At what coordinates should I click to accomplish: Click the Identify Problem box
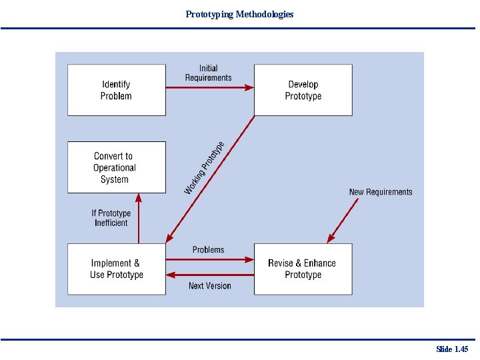coord(116,90)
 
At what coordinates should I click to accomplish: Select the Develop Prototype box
coord(303,90)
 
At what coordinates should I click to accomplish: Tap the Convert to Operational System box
coord(116,167)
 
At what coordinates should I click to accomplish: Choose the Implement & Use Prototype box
coord(116,269)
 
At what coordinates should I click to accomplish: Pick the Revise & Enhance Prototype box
coord(303,269)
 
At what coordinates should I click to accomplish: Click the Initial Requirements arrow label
coord(208,73)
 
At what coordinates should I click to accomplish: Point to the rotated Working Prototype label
coord(203,167)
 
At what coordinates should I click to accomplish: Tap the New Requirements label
coord(381,192)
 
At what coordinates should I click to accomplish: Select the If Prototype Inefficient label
coord(111,218)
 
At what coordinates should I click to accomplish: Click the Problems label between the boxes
coord(208,249)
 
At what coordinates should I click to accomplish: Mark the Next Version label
coord(209,285)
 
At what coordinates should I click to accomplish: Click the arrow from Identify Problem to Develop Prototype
coord(209,87)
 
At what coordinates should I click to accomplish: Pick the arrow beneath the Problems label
coord(209,259)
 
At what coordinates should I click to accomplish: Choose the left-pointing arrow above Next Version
coord(209,274)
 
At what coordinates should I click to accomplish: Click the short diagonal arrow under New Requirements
coord(343,221)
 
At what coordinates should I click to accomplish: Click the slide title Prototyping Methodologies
coord(239,14)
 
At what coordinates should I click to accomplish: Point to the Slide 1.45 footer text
coord(452,349)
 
